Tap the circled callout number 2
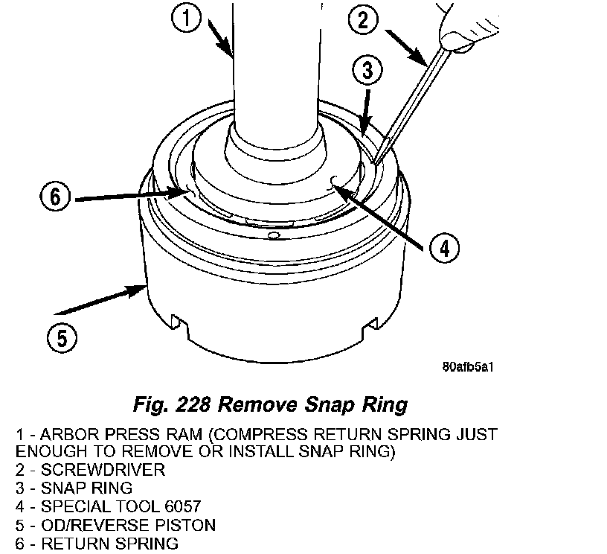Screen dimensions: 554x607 (x=364, y=21)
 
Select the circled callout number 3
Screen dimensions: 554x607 (x=367, y=72)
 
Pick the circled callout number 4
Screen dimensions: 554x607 (x=443, y=248)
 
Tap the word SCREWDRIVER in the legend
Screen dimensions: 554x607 (x=103, y=471)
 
